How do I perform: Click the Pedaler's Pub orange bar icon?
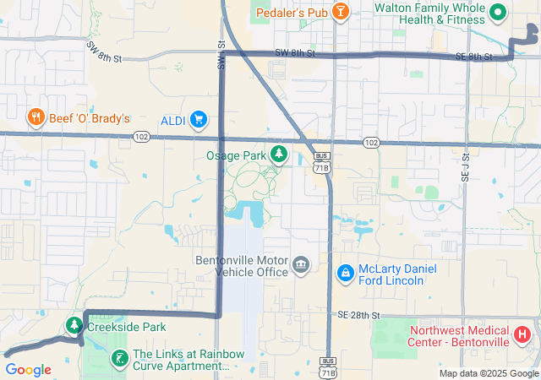pyautogui.click(x=340, y=11)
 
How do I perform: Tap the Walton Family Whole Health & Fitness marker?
pyautogui.click(x=498, y=11)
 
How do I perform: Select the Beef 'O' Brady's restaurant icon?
pyautogui.click(x=36, y=117)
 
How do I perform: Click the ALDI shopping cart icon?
pyautogui.click(x=199, y=119)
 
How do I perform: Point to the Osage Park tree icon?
pyautogui.click(x=279, y=155)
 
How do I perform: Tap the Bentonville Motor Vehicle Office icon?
pyautogui.click(x=300, y=266)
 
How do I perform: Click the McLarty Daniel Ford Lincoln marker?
pyautogui.click(x=346, y=274)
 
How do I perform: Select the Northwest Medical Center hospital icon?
pyautogui.click(x=522, y=334)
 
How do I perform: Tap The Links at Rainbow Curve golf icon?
pyautogui.click(x=120, y=359)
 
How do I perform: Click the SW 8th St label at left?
pyautogui.click(x=104, y=53)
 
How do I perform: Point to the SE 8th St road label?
pyautogui.click(x=473, y=57)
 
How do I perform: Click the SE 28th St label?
pyautogui.click(x=356, y=314)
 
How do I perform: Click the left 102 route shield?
pyautogui.click(x=141, y=137)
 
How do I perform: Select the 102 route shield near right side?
pyautogui.click(x=371, y=143)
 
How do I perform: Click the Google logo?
pyautogui.click(x=28, y=369)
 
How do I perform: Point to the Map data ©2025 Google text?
pyautogui.click(x=489, y=373)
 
